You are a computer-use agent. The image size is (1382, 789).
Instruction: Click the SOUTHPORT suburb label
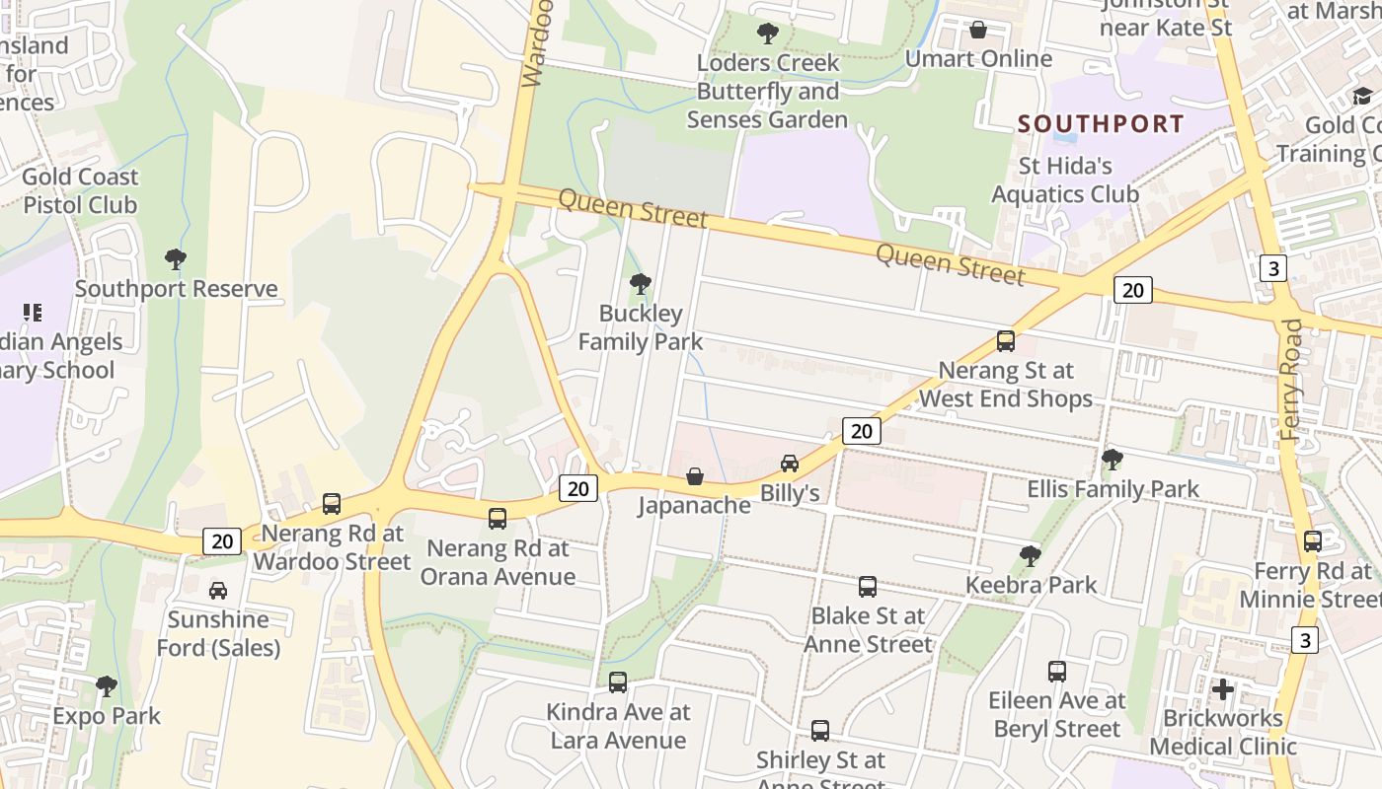(x=1101, y=124)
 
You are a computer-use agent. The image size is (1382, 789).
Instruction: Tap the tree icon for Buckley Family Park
(x=640, y=285)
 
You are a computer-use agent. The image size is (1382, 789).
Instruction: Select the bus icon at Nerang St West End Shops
(x=1006, y=341)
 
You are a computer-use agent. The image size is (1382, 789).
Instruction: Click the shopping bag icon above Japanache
(x=695, y=476)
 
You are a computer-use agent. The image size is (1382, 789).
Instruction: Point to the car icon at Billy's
(x=790, y=464)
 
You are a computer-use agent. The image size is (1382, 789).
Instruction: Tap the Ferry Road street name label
(x=1291, y=379)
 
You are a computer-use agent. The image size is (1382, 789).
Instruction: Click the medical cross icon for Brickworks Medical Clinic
(x=1223, y=688)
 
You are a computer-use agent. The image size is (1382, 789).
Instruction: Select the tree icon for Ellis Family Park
(x=1113, y=460)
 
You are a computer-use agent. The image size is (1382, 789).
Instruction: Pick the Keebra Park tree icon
(x=1031, y=556)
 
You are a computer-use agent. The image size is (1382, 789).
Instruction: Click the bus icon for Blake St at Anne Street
(x=868, y=587)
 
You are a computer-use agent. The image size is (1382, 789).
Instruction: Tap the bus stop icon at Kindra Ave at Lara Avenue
(x=618, y=681)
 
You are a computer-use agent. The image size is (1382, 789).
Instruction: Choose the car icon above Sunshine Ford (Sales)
(x=218, y=591)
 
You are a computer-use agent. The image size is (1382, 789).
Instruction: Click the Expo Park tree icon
(x=107, y=686)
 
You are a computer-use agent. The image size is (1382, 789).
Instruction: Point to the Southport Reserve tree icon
(x=176, y=260)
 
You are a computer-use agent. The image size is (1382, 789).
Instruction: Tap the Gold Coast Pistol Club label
(x=80, y=191)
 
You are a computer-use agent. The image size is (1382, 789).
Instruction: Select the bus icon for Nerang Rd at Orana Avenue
(x=498, y=518)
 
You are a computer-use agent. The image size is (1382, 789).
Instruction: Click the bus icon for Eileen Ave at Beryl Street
(x=1057, y=672)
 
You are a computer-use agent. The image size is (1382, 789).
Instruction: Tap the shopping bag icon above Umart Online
(x=978, y=31)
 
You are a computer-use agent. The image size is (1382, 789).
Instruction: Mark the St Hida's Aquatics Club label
(x=1065, y=179)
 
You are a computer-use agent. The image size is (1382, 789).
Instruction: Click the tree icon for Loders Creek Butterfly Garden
(x=767, y=35)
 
